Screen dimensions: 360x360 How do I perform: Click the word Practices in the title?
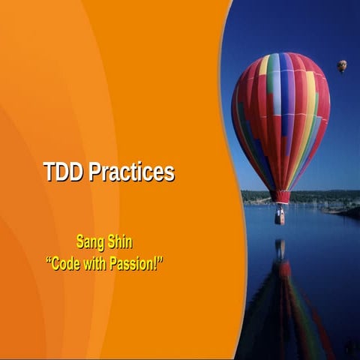click(132, 172)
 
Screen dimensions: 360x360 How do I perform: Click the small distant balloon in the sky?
click(342, 66)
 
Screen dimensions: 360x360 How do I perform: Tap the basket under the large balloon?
click(280, 217)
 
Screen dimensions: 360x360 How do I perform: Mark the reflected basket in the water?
click(280, 248)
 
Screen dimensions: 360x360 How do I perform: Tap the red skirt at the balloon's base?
click(280, 196)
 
